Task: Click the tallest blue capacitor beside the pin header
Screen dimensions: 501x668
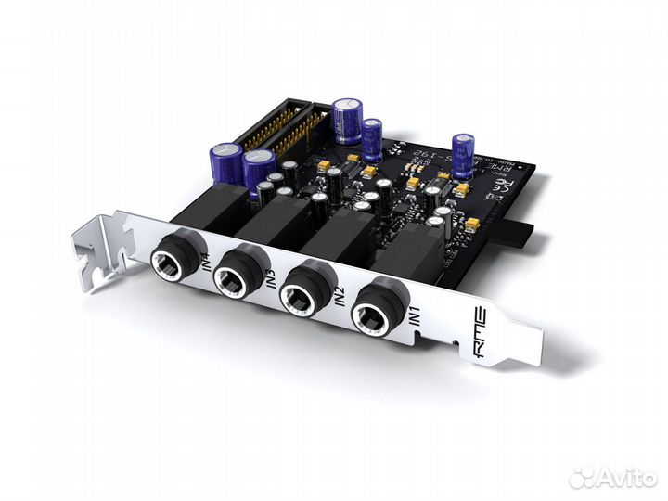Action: pyautogui.click(x=348, y=122)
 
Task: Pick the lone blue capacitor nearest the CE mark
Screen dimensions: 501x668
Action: pyautogui.click(x=463, y=154)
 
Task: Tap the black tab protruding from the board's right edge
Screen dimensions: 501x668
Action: pyautogui.click(x=517, y=230)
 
